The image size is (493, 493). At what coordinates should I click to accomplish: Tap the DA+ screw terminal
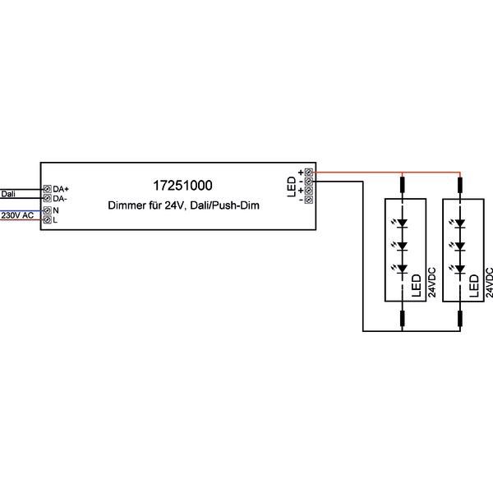(47, 189)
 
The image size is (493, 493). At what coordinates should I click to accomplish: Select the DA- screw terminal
(47, 199)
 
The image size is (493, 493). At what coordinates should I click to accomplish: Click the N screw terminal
(47, 210)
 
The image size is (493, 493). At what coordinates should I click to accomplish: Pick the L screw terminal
(47, 220)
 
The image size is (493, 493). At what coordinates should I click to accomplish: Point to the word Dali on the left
(7, 195)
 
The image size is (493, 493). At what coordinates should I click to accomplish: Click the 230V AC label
(17, 215)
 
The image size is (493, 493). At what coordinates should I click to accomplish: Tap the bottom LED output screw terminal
(309, 200)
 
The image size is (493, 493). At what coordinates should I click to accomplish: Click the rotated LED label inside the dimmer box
(292, 187)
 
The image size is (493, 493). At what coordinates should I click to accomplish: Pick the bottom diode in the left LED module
(403, 270)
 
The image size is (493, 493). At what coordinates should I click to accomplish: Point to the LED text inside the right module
(473, 284)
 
